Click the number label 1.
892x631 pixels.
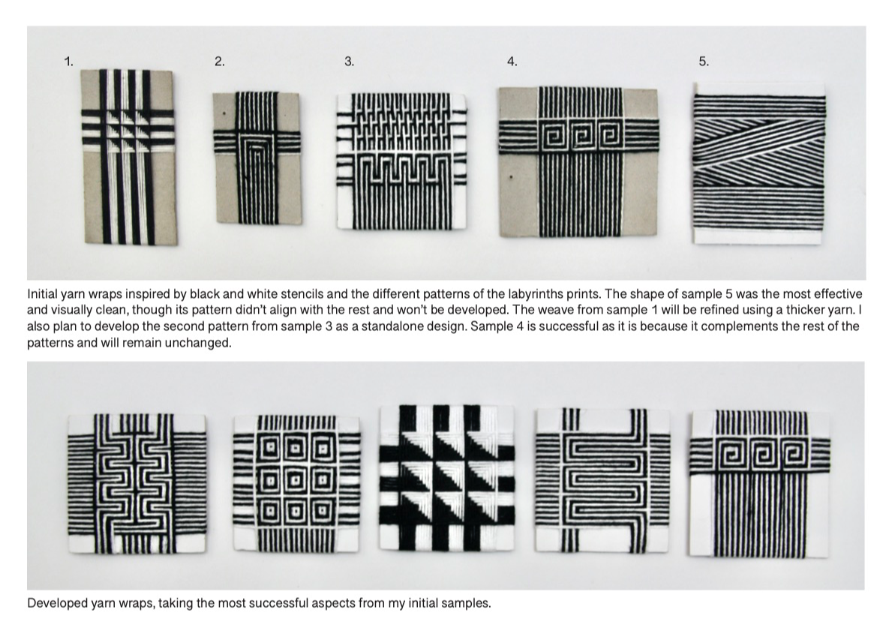coord(69,62)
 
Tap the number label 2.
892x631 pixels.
coord(220,62)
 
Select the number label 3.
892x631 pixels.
coord(350,62)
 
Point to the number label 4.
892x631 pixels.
coord(512,62)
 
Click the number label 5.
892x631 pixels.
coord(704,62)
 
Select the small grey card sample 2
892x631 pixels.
coord(257,158)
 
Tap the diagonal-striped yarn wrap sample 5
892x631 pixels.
coord(759,164)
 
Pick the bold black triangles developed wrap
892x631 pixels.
coord(447,478)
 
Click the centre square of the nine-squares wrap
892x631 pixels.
coord(296,482)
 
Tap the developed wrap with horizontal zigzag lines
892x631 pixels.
coord(602,479)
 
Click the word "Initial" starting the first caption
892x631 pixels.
coord(42,294)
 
